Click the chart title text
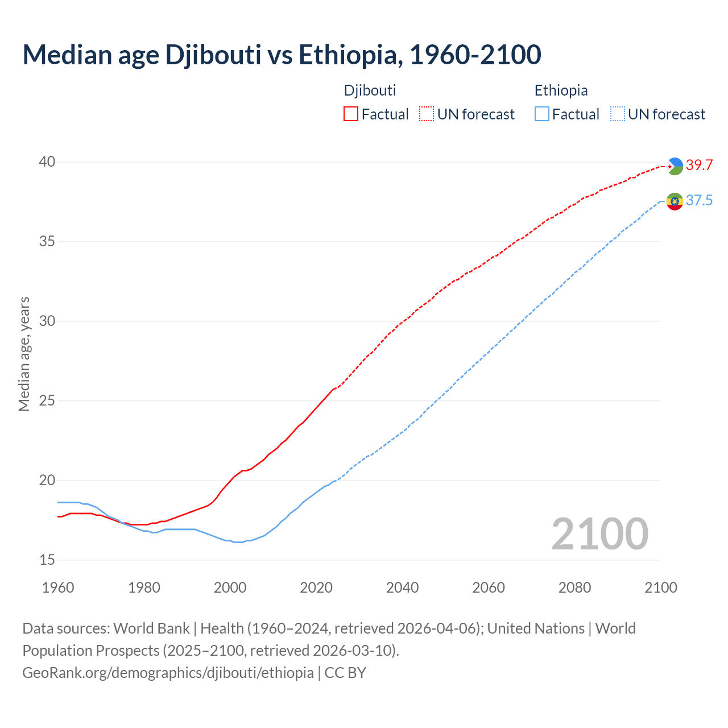point(282,55)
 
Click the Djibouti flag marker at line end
point(675,166)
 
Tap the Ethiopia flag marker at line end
point(675,201)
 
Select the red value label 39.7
point(699,165)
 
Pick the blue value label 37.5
point(699,200)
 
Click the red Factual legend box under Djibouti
point(351,114)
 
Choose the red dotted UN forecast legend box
point(427,114)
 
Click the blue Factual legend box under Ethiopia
point(542,114)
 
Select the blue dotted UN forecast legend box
point(617,114)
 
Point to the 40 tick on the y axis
point(47,162)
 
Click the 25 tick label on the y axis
point(47,401)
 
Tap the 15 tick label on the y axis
point(47,560)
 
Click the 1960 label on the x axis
point(58,588)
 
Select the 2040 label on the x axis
point(402,588)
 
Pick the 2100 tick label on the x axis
point(661,588)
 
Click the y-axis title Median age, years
point(24,354)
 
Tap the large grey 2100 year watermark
point(599,533)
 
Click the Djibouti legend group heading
point(370,90)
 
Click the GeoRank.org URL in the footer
point(168,672)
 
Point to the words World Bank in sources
point(151,628)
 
